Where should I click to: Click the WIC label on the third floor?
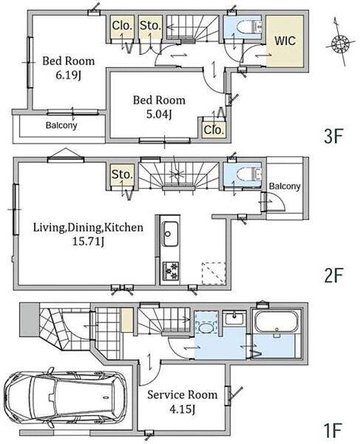click(x=285, y=41)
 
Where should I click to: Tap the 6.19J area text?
click(x=69, y=75)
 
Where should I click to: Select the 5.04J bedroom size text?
click(x=159, y=114)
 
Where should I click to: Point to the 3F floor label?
click(x=333, y=136)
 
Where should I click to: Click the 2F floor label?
click(x=333, y=275)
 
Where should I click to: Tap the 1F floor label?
click(x=333, y=430)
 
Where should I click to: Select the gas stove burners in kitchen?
click(x=171, y=271)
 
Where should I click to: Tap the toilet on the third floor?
click(x=249, y=27)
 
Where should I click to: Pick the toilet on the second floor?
click(x=249, y=174)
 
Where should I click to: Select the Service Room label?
click(x=183, y=394)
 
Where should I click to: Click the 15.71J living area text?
click(x=89, y=241)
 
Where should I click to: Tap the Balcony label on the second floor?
click(x=284, y=186)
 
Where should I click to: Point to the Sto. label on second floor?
click(x=122, y=175)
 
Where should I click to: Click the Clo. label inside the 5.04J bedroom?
click(x=214, y=130)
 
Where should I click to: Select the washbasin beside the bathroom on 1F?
click(x=234, y=319)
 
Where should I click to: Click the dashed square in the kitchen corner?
click(x=214, y=273)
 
